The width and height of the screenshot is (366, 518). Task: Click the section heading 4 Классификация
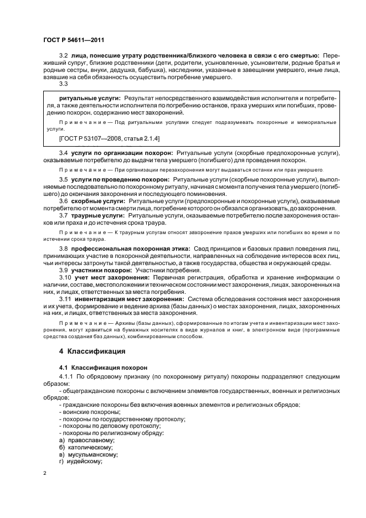point(92,351)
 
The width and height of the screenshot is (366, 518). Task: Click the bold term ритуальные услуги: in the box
point(89,97)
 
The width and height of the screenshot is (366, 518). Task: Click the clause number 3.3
point(63,84)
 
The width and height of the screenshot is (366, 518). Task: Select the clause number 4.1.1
point(66,377)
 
